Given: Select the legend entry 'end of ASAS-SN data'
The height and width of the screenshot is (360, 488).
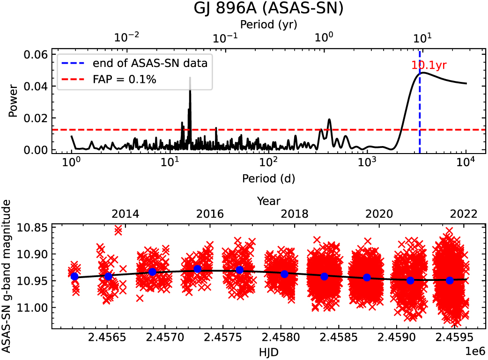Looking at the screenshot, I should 150,63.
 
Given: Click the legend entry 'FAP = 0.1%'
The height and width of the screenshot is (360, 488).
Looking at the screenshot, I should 124,80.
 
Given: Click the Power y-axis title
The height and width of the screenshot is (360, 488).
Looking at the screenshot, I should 15,101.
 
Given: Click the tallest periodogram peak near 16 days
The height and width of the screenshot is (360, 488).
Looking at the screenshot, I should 190,79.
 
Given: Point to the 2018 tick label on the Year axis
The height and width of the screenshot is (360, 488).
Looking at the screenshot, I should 295,214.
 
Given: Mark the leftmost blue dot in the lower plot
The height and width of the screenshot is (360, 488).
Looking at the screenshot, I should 74,276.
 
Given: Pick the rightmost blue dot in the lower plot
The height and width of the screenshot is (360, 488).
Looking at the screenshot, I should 450,280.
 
